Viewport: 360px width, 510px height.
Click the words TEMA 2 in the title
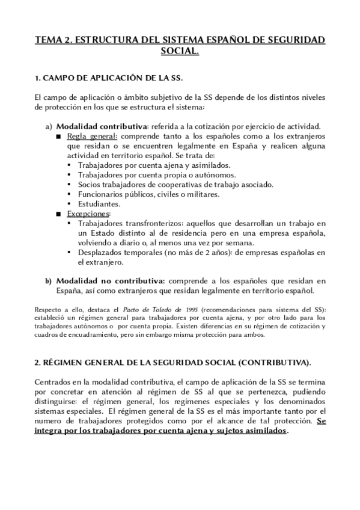point(53,40)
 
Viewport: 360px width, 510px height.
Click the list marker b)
point(49,281)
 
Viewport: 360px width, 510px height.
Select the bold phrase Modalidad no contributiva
point(111,281)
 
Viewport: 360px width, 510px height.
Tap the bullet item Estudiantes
point(99,204)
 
